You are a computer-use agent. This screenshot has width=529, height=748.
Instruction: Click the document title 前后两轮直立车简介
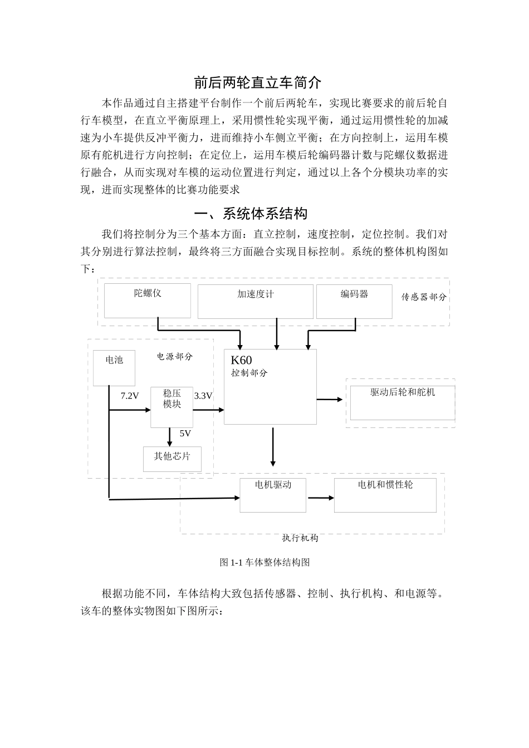pos(257,83)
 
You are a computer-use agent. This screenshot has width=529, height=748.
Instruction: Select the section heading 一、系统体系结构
pos(250,214)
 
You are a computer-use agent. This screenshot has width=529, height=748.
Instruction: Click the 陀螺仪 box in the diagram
pos(148,301)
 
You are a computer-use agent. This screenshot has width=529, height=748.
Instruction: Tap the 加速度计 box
pos(255,301)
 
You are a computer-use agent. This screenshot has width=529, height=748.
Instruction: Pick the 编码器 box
pos(354,301)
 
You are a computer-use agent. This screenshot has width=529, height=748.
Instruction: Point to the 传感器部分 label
pos(424,297)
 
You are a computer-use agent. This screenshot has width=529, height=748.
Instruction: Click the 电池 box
pos(114,367)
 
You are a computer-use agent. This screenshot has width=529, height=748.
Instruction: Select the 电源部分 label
pos(174,357)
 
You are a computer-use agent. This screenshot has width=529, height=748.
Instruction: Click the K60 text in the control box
pos(241,361)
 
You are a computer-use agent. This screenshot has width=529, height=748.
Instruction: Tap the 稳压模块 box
pos(172,407)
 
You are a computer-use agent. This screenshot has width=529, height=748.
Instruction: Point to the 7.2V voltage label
pos(130,396)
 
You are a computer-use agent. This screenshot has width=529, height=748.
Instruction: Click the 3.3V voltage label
pos(203,396)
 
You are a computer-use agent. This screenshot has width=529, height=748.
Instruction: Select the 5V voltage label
pos(185,434)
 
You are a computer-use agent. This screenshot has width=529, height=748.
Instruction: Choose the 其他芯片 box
pos(172,459)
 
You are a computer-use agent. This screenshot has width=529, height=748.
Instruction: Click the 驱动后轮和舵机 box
pos(403,402)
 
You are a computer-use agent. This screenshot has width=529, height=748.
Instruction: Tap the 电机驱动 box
pos(273,495)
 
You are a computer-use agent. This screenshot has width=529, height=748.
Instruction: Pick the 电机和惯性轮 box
pos(385,495)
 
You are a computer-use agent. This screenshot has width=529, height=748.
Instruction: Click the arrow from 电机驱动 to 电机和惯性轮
pos(320,498)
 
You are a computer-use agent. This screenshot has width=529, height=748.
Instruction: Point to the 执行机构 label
pos(300,538)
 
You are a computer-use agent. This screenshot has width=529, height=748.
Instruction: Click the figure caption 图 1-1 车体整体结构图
pos(264,563)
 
